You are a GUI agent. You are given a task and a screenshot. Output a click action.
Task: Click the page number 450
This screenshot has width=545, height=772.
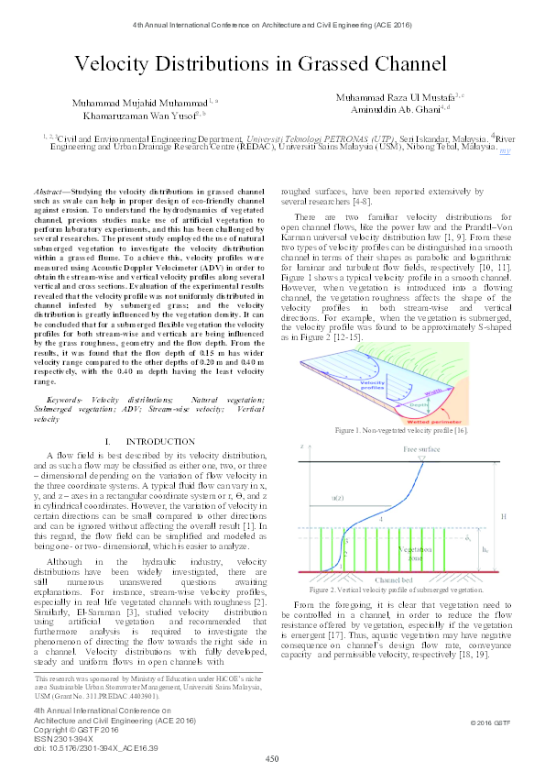pos(272,757)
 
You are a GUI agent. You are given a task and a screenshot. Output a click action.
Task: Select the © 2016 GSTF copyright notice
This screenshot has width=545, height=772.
pos(488,723)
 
